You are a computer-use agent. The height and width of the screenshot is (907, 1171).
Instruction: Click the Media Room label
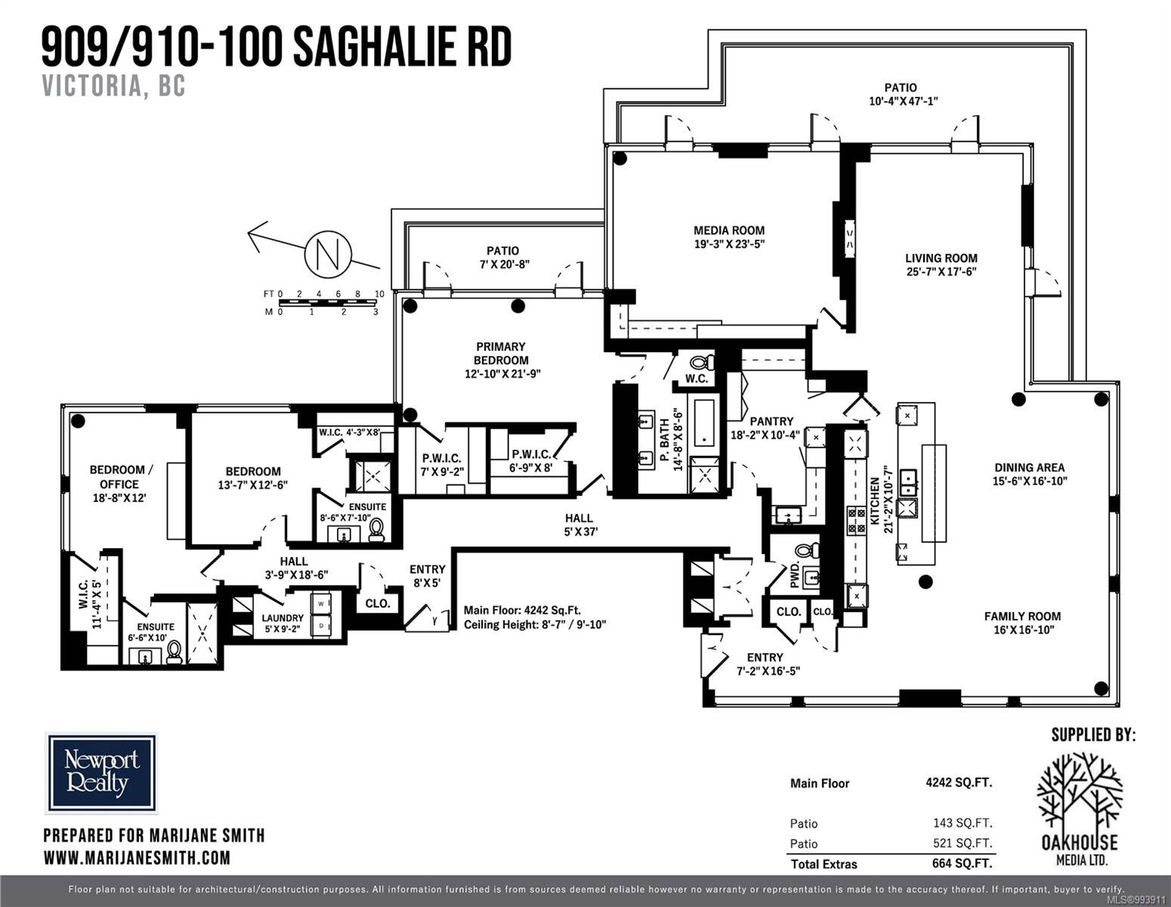click(x=728, y=237)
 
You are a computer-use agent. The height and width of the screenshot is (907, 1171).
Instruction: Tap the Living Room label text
click(x=941, y=265)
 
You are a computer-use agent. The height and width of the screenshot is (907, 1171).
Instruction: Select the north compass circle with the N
click(x=328, y=254)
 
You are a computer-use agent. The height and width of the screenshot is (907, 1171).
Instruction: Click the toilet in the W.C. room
click(x=702, y=362)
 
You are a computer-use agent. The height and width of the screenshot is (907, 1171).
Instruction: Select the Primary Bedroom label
click(x=502, y=360)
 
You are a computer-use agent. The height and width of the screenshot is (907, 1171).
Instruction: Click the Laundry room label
click(x=283, y=624)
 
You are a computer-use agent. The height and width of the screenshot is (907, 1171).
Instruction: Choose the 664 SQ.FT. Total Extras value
click(x=962, y=863)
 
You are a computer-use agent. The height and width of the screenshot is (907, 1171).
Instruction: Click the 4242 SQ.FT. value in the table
click(x=959, y=782)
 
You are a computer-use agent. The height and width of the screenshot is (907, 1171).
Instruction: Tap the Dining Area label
click(x=1029, y=474)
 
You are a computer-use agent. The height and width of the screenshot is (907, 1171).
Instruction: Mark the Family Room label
click(x=1022, y=623)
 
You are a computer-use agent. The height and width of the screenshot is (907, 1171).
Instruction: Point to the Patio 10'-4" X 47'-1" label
click(x=903, y=94)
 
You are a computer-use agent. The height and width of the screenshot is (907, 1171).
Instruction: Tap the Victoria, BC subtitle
click(x=114, y=85)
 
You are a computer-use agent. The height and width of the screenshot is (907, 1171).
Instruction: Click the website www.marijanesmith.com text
click(x=137, y=857)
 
